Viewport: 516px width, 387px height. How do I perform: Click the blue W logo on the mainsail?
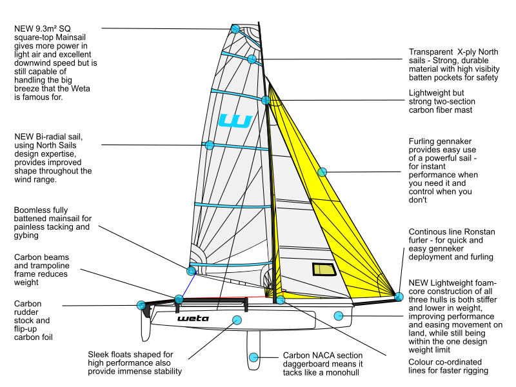tap(235, 121)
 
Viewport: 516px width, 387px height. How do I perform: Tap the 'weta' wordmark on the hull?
tap(193, 318)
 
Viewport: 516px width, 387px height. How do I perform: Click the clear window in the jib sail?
tap(324, 269)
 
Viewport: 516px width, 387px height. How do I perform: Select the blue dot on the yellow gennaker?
tap(322, 172)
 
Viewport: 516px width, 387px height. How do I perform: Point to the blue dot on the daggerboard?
tap(253, 357)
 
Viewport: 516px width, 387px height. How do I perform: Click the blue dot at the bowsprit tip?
tap(399, 297)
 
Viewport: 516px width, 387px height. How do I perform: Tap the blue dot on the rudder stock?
tap(141, 305)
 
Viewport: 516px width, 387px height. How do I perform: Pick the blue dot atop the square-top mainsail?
tap(235, 29)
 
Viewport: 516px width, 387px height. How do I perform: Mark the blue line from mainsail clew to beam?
tap(188, 284)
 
